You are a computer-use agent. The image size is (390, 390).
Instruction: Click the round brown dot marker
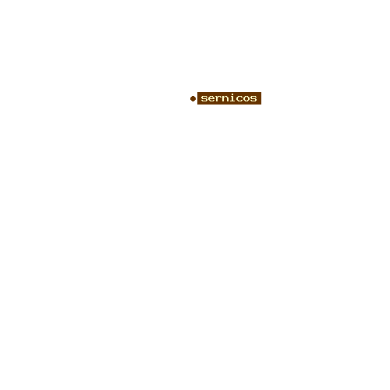[193, 98]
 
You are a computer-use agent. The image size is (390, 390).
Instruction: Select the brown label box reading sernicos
[229, 98]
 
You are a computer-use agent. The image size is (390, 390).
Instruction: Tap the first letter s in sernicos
[204, 98]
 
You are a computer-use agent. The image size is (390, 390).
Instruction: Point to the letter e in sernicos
[211, 98]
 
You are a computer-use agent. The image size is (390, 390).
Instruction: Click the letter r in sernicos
[218, 98]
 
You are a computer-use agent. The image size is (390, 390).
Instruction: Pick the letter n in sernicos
[225, 98]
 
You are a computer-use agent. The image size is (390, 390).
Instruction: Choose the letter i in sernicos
[232, 97]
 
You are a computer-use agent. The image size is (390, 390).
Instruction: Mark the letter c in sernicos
[239, 98]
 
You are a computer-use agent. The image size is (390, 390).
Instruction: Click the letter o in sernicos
[246, 98]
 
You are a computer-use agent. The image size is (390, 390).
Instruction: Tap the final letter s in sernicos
[253, 98]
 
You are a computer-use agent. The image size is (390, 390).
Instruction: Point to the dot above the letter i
[232, 94]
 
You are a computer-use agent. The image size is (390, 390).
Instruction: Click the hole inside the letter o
[246, 98]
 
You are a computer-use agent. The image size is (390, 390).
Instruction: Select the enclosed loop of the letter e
[211, 97]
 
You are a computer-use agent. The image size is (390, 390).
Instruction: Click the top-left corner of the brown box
[197, 92]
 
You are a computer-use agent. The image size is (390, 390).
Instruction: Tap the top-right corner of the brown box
[261, 92]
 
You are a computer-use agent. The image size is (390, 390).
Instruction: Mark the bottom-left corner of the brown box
[197, 105]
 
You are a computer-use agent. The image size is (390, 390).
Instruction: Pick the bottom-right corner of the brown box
[261, 105]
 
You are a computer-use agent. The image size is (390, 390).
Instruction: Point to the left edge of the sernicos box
[197, 98]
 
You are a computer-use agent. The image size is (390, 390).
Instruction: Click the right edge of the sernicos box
[261, 98]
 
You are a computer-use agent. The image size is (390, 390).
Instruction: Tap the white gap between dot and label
[197, 98]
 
